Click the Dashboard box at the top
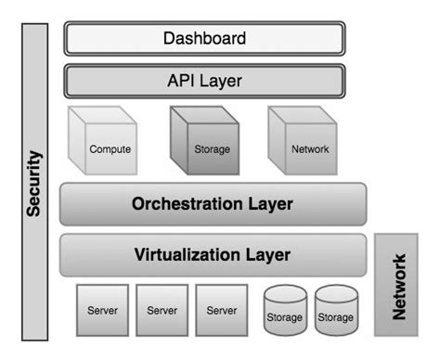coord(204,39)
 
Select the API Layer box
coord(204,81)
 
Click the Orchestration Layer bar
coord(213,204)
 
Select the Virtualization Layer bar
coord(213,254)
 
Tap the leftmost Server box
coord(102,310)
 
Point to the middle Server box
coord(162,310)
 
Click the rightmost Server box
coord(221,310)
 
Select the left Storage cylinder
coord(285,311)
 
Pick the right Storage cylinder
coord(336,311)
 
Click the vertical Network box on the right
coord(397,285)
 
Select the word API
coord(182,81)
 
